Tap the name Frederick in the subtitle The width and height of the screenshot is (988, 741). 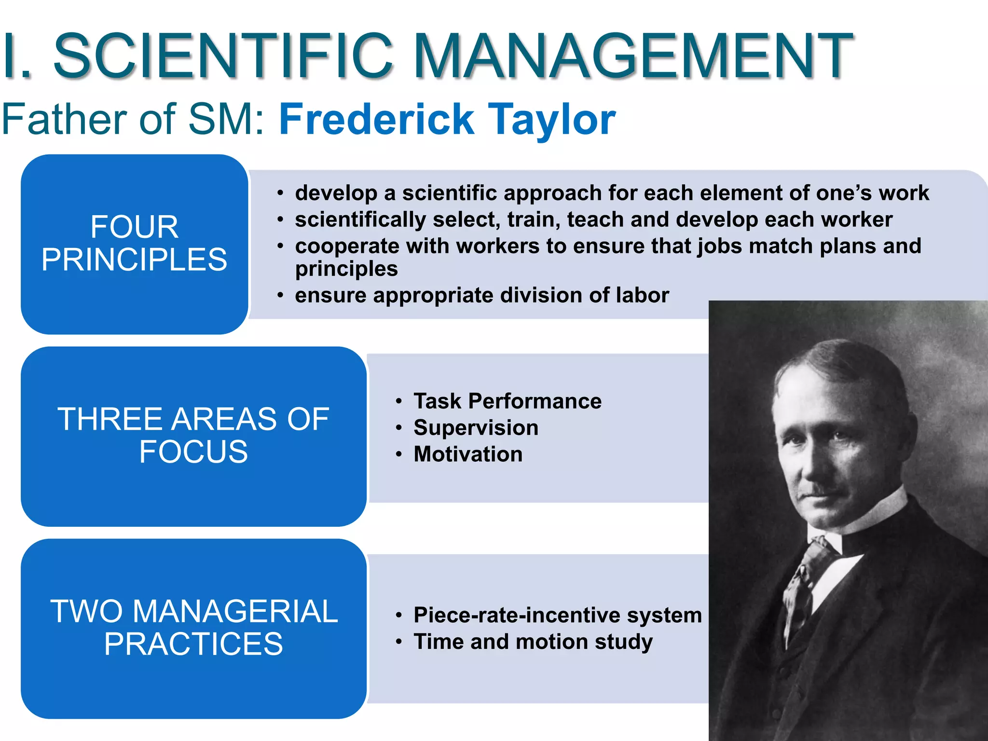click(x=376, y=119)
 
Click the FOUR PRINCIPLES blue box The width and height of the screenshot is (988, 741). click(x=134, y=244)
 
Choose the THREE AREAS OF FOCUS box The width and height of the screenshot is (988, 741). click(x=193, y=436)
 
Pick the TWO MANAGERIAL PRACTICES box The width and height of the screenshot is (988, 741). click(x=193, y=628)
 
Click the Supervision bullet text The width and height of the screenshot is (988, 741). click(x=476, y=428)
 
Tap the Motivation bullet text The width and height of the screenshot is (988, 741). click(x=468, y=454)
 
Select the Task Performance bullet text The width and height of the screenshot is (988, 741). click(x=508, y=401)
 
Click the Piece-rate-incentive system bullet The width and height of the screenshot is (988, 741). click(x=557, y=615)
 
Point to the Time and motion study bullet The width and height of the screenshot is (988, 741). click(x=533, y=642)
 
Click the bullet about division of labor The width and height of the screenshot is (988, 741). click(x=481, y=295)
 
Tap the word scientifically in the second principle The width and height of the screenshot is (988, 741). click(x=360, y=220)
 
